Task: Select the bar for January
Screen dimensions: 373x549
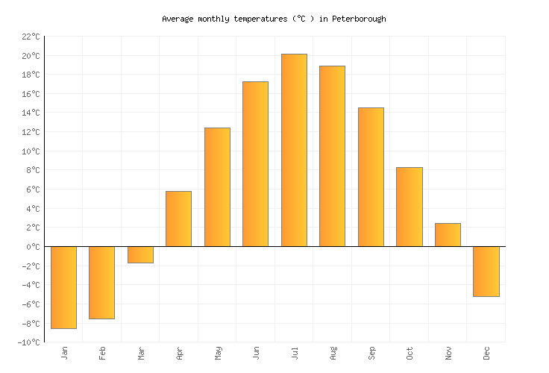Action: coord(63,287)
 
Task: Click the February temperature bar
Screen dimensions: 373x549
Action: coord(101,283)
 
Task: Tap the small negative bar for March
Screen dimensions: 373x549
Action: coord(140,254)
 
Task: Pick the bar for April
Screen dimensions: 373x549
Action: coord(178,219)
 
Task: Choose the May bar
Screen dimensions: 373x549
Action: coord(217,187)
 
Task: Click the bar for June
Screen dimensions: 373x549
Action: coord(255,164)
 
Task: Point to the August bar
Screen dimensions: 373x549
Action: coord(332,156)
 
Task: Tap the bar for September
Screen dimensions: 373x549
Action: coord(371,177)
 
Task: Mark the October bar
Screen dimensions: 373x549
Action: coord(409,207)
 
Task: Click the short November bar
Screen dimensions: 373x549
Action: coord(448,234)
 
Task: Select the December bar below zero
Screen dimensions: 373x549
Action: coord(486,272)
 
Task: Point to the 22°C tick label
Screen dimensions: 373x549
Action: coord(31,37)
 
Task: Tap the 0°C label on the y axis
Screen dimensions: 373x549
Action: coord(33,247)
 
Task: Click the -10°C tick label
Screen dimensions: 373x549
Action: coord(28,342)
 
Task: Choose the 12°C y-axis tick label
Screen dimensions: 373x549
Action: coord(31,132)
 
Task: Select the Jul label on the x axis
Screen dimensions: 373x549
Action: coord(294,352)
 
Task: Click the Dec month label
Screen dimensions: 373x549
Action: coord(486,353)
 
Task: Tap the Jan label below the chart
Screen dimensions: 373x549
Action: coord(64,352)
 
